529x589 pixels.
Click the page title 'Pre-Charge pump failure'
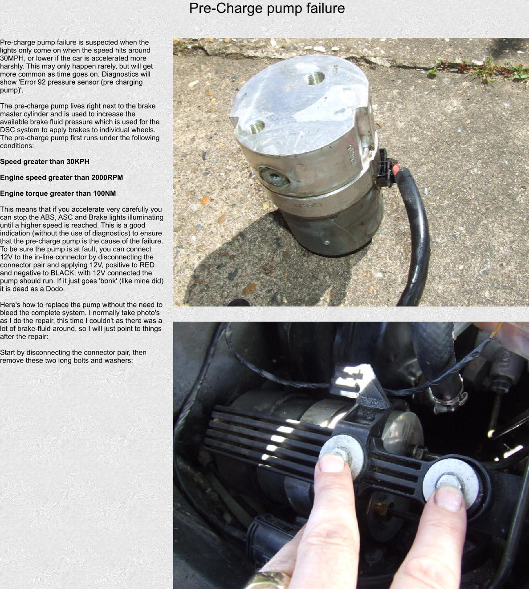pos(267,8)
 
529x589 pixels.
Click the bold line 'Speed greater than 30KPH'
pos(45,161)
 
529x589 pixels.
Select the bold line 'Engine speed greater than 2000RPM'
pos(61,178)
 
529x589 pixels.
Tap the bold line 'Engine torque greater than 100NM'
pos(58,194)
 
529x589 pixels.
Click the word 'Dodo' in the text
pos(55,289)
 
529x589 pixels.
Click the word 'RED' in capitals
pos(146,265)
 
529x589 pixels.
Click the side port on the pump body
pos(273,178)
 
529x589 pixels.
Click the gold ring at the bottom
pos(267,580)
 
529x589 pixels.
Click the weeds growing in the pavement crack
pos(481,69)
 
